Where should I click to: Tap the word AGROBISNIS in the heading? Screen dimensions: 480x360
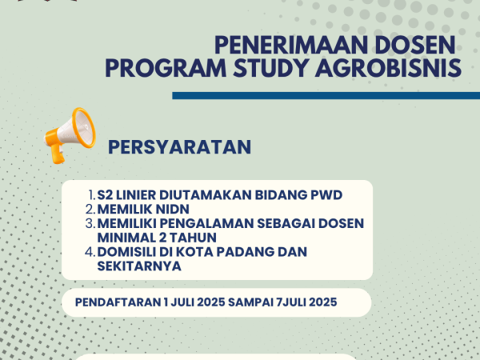pos(388,68)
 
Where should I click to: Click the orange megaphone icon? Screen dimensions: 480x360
pos(70,135)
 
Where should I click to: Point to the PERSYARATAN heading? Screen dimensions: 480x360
pos(180,147)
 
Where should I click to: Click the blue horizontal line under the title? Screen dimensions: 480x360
pos(326,95)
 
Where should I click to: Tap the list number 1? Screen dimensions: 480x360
pos(91,195)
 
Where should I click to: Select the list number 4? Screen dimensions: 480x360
pos(90,252)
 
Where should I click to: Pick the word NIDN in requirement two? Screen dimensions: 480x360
pos(173,210)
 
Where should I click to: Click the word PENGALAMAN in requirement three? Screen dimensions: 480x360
pos(206,223)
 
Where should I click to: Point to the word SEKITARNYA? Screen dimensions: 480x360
pos(139,266)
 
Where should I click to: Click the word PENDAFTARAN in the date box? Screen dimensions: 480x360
pos(118,302)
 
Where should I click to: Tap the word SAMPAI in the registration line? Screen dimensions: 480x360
pos(250,302)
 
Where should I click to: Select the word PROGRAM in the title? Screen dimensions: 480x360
pos(166,68)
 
